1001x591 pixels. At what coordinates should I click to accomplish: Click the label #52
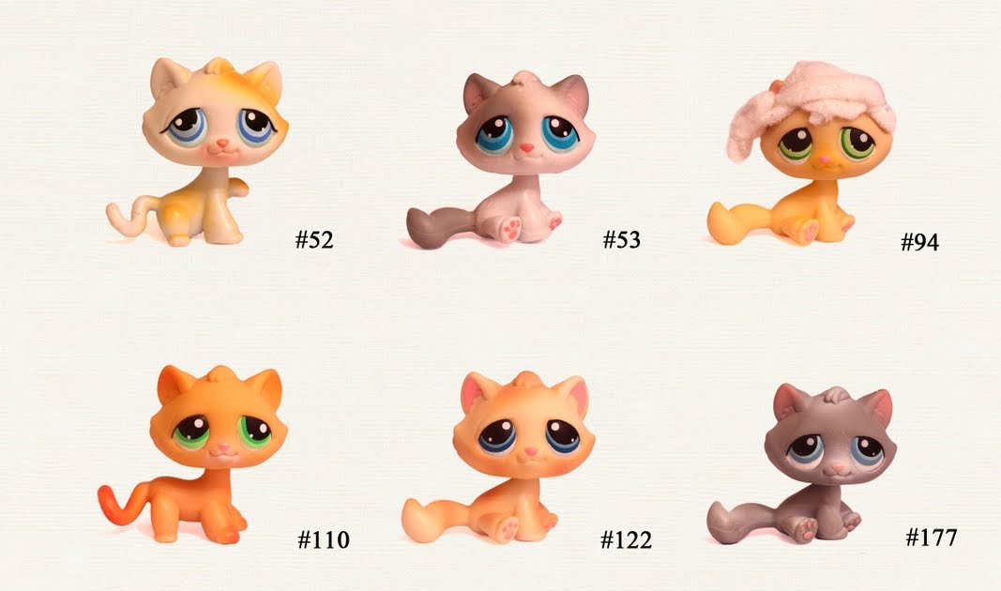pyautogui.click(x=314, y=240)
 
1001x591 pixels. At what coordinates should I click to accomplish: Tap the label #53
pyautogui.click(x=621, y=240)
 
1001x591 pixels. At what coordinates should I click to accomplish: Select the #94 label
pyautogui.click(x=919, y=243)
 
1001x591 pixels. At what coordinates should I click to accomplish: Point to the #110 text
pyautogui.click(x=324, y=540)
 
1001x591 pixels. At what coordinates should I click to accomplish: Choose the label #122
pyautogui.click(x=626, y=540)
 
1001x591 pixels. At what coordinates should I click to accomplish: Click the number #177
pyautogui.click(x=931, y=538)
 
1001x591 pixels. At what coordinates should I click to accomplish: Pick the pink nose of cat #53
pyautogui.click(x=528, y=148)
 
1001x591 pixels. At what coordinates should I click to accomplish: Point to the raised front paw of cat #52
pyautogui.click(x=238, y=187)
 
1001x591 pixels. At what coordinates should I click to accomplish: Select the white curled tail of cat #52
pyautogui.click(x=127, y=214)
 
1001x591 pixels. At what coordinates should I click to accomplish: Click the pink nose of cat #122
pyautogui.click(x=530, y=452)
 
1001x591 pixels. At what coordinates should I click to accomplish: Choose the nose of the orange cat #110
pyautogui.click(x=220, y=450)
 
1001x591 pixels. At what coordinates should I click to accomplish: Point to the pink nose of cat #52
pyautogui.click(x=222, y=144)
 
